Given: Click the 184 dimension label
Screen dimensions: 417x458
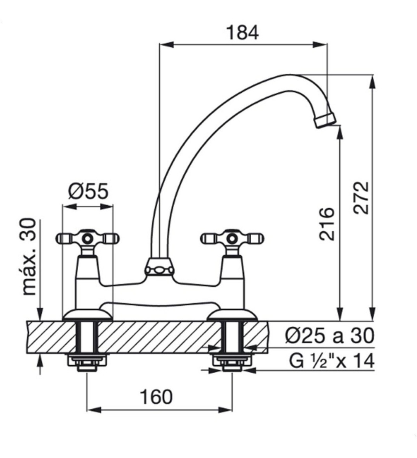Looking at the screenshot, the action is coord(243,33).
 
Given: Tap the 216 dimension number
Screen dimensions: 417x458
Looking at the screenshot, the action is coord(326,224).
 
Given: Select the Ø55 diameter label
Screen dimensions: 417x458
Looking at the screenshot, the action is coord(87,191).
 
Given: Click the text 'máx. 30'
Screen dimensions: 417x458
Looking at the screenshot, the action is coord(29,257).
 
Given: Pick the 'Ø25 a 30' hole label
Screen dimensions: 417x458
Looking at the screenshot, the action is coord(330,336).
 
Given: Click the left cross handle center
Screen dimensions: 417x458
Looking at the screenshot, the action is coord(87,239).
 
